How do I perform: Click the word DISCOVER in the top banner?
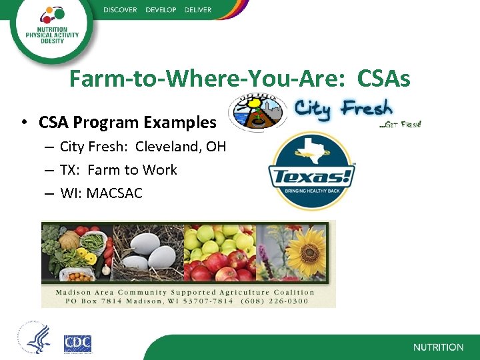tap(121, 10)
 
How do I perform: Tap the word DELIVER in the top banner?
tap(197, 10)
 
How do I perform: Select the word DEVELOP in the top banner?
tap(160, 10)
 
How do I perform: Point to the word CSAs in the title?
tap(383, 80)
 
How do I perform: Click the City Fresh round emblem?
tap(256, 111)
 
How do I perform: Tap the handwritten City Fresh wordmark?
tap(343, 108)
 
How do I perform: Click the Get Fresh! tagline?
tap(400, 124)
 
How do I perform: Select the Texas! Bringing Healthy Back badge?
tap(311, 171)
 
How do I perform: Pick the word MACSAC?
tap(114, 193)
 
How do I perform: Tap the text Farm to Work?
tap(132, 170)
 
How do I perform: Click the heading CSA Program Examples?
tap(127, 123)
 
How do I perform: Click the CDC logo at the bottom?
tap(77, 343)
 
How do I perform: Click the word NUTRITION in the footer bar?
tap(438, 347)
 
